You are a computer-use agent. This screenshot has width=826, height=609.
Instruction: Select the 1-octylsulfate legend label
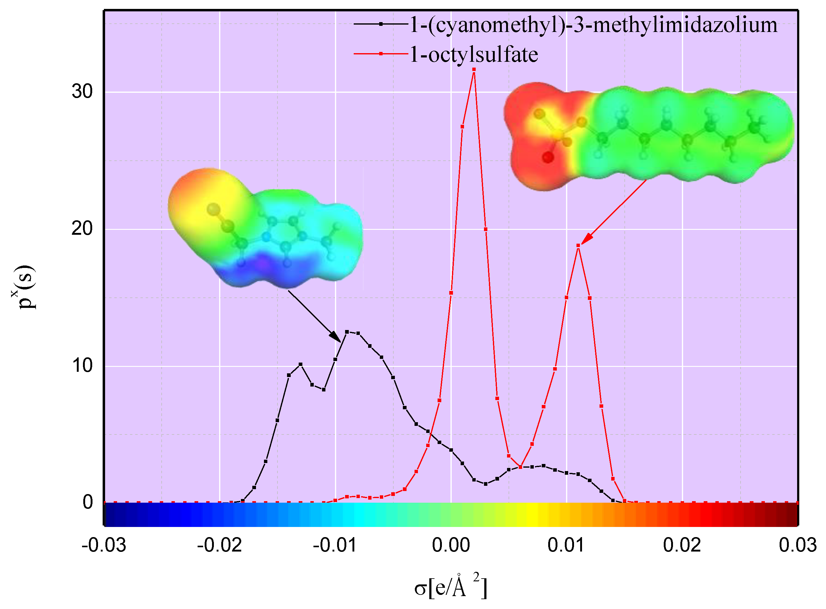[x=474, y=55]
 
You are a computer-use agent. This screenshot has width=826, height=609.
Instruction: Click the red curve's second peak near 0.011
[x=578, y=246]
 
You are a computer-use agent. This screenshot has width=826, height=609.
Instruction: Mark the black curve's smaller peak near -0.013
[x=301, y=364]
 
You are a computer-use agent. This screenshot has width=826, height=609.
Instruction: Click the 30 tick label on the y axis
[x=82, y=92]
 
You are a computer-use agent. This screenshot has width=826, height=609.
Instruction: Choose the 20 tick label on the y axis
[x=82, y=229]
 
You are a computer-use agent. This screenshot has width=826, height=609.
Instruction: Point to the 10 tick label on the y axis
[x=82, y=366]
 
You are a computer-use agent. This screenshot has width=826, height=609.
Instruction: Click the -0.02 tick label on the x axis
[x=219, y=545]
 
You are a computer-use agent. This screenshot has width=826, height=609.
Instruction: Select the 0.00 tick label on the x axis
[x=451, y=545]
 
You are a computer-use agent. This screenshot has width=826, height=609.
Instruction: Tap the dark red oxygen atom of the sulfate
[x=548, y=158]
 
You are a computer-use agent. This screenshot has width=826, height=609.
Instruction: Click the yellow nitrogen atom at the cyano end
[x=213, y=209]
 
